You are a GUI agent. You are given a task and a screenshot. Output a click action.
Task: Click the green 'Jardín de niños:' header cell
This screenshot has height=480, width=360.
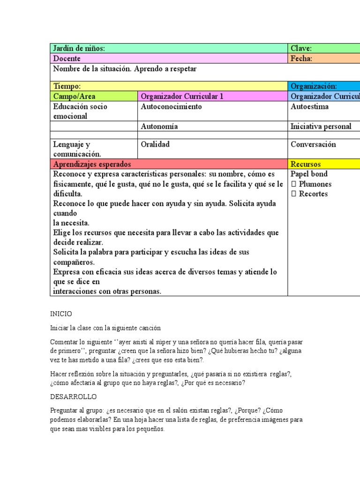169,48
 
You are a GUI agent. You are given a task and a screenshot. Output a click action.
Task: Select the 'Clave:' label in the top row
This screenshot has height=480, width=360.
301,48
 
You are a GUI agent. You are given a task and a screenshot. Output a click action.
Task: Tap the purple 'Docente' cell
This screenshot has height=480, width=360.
169,59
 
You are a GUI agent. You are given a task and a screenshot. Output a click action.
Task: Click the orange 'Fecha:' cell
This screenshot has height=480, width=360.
301,59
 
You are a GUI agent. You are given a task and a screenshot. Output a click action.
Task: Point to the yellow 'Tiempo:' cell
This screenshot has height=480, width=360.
169,86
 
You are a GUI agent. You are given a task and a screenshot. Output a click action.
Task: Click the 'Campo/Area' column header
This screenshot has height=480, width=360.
94,96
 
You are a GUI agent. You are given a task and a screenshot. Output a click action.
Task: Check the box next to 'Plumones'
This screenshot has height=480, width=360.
293,184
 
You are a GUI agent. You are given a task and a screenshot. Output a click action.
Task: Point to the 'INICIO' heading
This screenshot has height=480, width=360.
61,314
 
